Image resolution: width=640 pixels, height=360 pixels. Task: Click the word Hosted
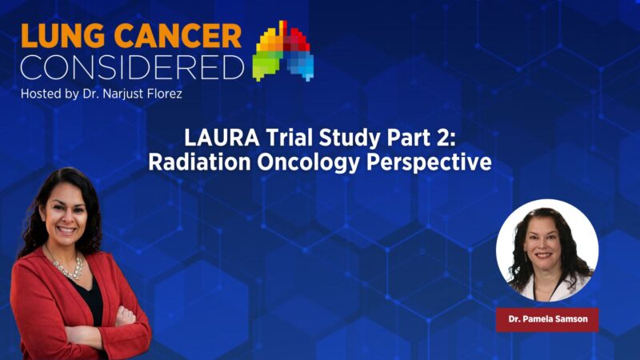tap(42, 94)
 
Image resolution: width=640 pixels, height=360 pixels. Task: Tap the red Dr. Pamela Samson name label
tap(547, 320)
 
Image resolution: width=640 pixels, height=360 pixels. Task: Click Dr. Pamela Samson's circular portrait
tap(547, 250)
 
